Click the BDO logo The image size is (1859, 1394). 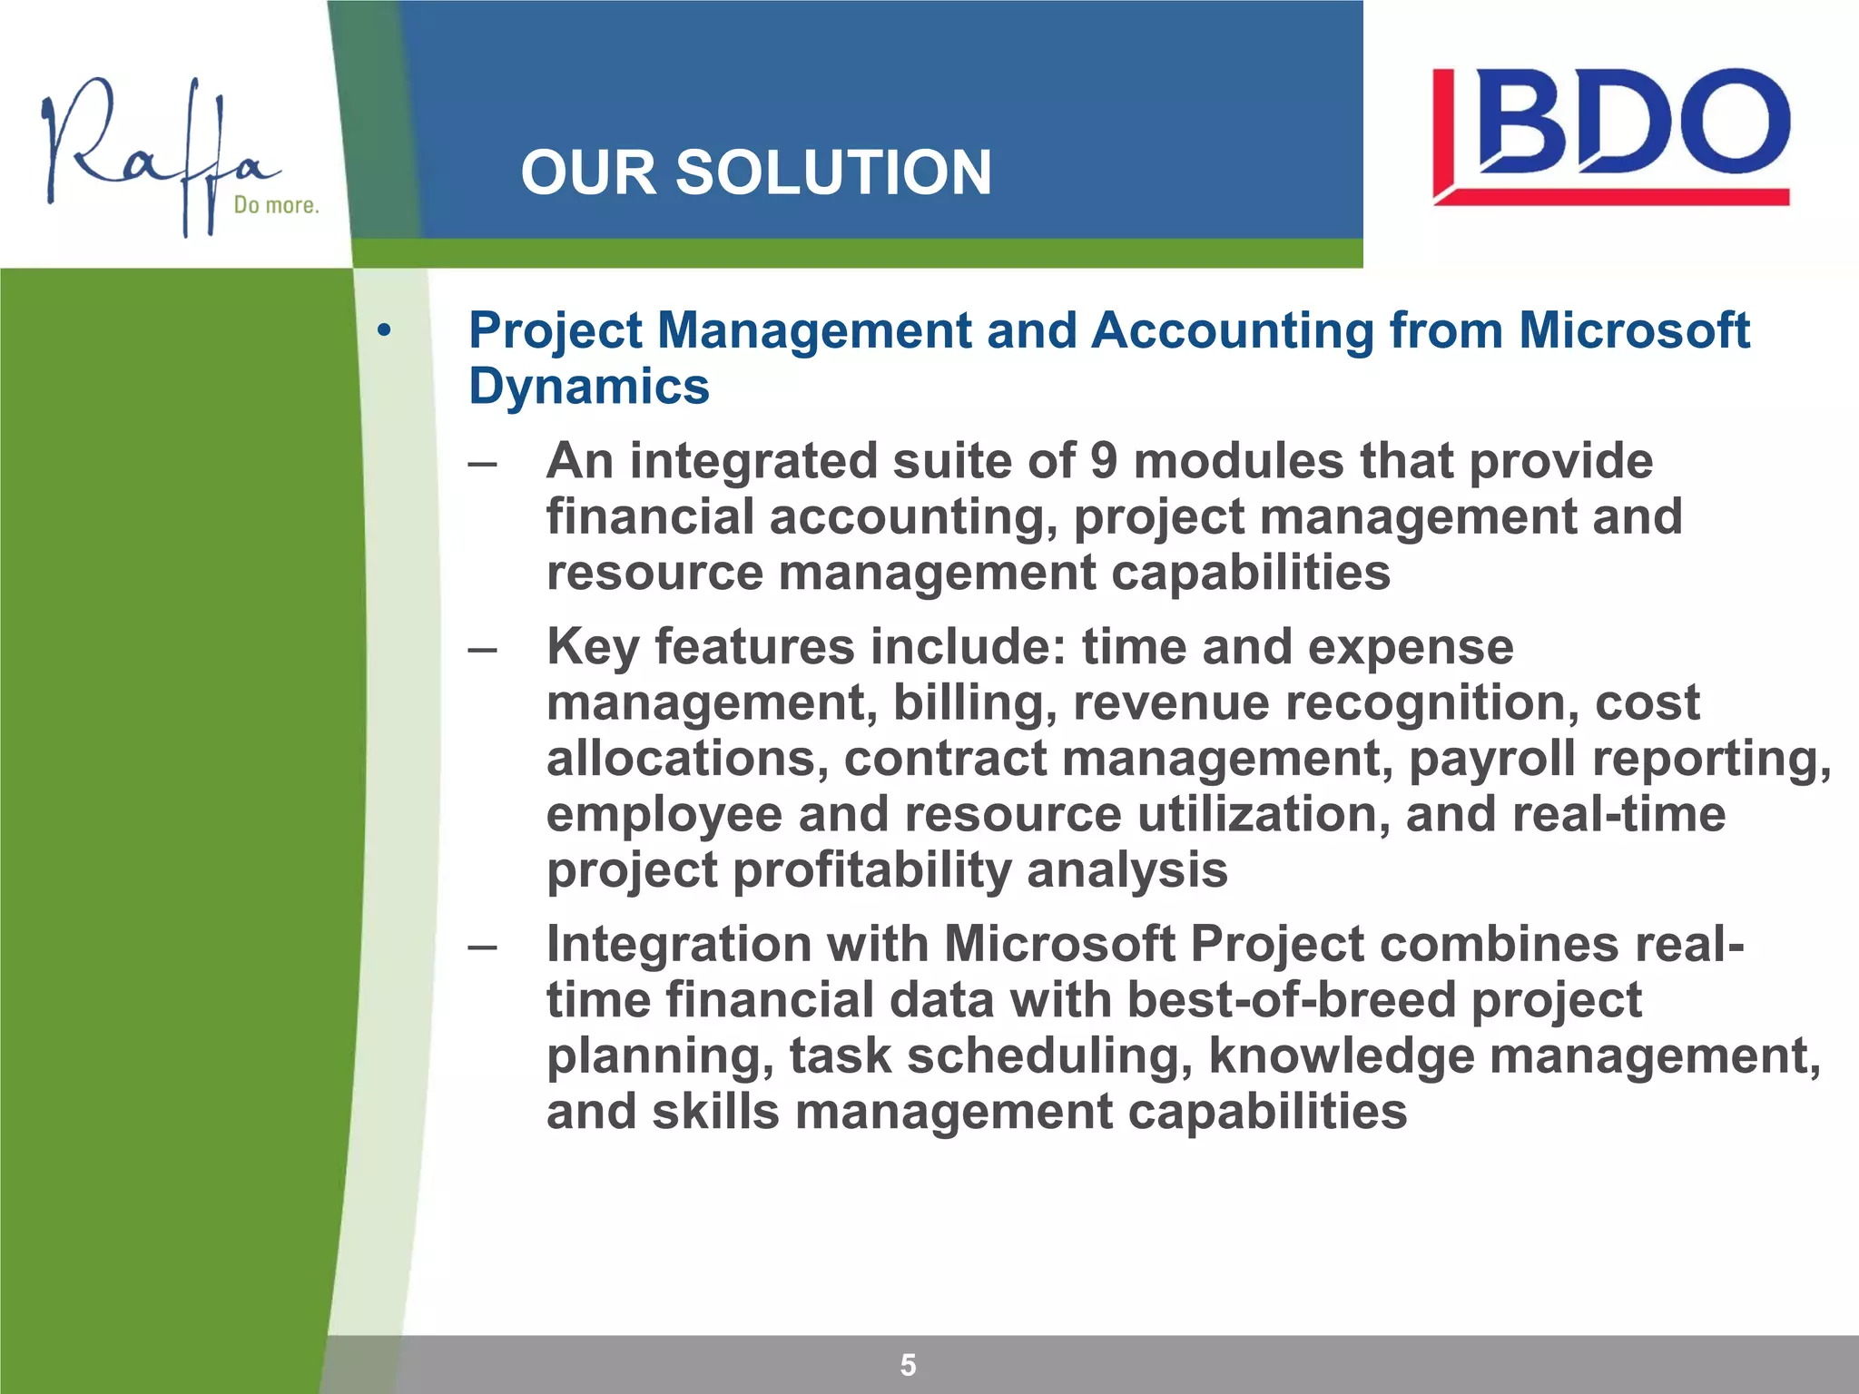tap(1611, 136)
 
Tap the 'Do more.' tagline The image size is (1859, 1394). tap(276, 205)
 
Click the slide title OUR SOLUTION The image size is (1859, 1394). tap(755, 172)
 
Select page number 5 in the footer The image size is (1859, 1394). tap(908, 1365)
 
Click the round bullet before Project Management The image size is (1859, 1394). tap(385, 331)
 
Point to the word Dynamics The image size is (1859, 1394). tap(588, 387)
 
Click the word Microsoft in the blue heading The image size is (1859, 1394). tap(1633, 329)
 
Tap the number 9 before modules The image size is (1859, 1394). tap(1103, 461)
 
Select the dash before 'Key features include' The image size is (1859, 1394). tap(482, 650)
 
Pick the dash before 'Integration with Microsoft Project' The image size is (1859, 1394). tap(482, 947)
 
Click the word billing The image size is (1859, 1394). tap(974, 702)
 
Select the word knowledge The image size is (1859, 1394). tap(1341, 1056)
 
